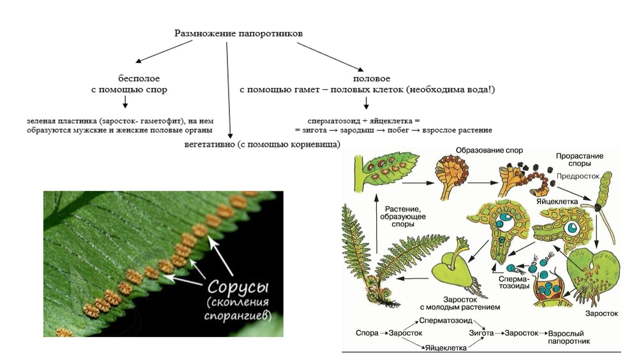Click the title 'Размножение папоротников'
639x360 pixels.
pos(238,33)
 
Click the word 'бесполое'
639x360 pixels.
pos(139,78)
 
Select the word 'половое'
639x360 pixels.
pos(371,78)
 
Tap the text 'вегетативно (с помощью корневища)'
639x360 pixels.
pos(262,145)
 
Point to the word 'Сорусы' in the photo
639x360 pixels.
pos(238,287)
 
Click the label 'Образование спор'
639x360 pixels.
pos(489,150)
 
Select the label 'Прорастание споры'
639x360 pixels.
pos(579,160)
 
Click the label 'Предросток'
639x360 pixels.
pos(578,176)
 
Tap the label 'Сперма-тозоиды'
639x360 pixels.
pos(514,282)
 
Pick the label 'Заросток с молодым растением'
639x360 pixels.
pos(460,303)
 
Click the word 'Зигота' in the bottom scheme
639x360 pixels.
pos(481,333)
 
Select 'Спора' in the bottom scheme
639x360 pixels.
pos(367,333)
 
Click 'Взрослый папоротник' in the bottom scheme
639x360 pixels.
pos(566,337)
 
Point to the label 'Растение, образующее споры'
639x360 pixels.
pos(403,216)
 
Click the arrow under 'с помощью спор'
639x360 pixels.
pos(125,102)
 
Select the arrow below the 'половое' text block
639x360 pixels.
pos(366,102)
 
